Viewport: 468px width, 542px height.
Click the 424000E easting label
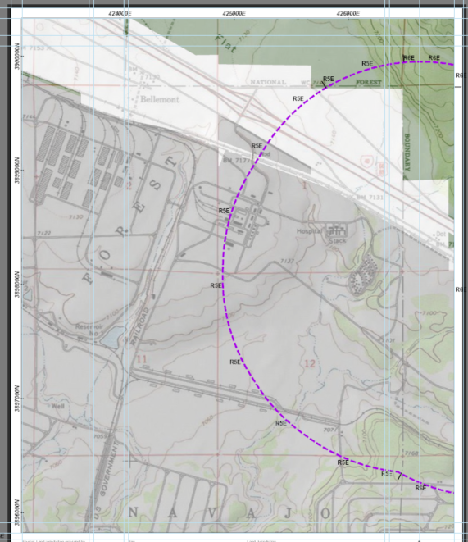coord(120,14)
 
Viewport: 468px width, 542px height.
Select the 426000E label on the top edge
coord(348,14)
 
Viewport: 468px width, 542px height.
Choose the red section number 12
coord(309,362)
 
